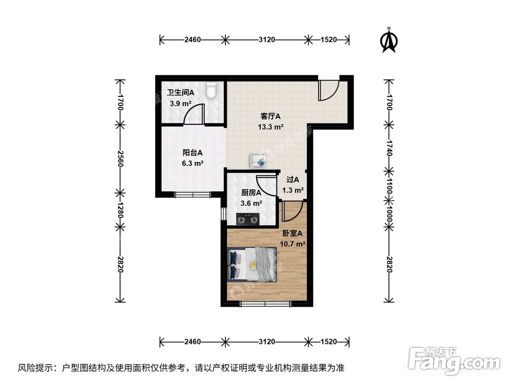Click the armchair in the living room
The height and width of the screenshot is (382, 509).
pyautogui.click(x=258, y=161)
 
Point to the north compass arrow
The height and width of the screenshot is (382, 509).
pyautogui.click(x=389, y=41)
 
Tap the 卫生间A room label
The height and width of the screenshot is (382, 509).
pyautogui.click(x=181, y=93)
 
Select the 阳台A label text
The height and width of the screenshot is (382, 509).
pyautogui.click(x=193, y=152)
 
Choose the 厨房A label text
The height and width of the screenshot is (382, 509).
pyautogui.click(x=251, y=193)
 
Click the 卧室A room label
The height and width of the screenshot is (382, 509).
pyautogui.click(x=292, y=233)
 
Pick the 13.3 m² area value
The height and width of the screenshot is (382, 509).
pyautogui.click(x=271, y=127)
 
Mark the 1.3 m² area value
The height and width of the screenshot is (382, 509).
pyautogui.click(x=293, y=190)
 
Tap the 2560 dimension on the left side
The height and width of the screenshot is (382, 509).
pyautogui.click(x=120, y=158)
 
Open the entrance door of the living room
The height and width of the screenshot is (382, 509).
pyautogui.click(x=328, y=91)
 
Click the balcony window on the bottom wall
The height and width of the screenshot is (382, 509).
pyautogui.click(x=192, y=194)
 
